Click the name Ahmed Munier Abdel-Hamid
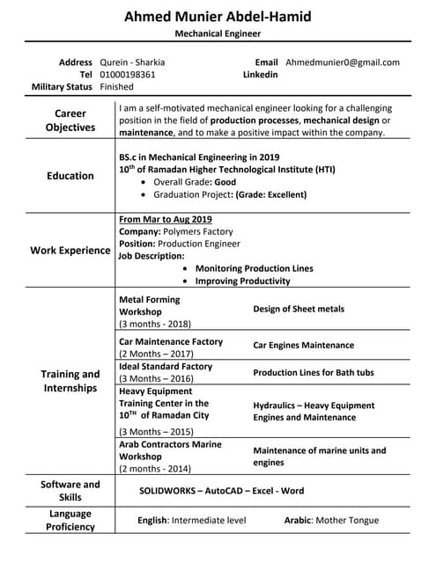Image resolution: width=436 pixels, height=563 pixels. pos(218,17)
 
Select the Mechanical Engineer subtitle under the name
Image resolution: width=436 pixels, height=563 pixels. pos(218,34)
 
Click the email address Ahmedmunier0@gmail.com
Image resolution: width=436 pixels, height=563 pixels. pos(343,62)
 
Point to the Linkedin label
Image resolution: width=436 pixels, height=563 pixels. pos(260,75)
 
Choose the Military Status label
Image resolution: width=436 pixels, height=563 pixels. pos(62,87)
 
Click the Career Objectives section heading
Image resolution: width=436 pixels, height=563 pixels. pos(70,121)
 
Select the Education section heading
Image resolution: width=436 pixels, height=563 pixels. pos(70,176)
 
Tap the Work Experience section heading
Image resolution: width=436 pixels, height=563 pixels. pos(70,250)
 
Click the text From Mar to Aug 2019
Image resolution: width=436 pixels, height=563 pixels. pos(165,219)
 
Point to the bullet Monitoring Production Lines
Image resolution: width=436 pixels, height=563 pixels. pos(254,268)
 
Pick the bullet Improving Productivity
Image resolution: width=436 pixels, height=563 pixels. pos(242,281)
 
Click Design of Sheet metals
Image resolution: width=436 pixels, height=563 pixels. pos(299,310)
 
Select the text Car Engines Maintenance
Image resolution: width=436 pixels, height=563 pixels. pos(303,346)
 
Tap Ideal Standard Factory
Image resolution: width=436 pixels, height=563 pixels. pos(166,366)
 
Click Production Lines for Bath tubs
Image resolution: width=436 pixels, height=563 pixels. pos(313,373)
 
